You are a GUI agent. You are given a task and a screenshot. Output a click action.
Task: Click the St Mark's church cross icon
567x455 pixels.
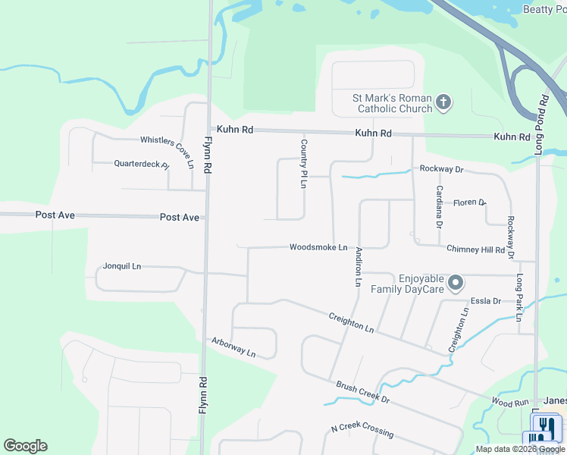coord(444,102)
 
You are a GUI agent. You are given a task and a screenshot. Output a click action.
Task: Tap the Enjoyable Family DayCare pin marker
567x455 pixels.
coord(456,283)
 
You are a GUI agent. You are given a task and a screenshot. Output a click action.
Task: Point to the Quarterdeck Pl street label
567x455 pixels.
coord(141,164)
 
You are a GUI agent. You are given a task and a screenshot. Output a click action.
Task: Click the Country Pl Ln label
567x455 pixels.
coord(303,163)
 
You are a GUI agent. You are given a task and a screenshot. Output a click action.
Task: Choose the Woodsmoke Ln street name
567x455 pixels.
coord(318,247)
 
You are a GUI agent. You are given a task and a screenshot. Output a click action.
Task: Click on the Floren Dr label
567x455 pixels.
coord(469,202)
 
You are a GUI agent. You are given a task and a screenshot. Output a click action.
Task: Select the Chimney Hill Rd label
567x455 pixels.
coord(475,249)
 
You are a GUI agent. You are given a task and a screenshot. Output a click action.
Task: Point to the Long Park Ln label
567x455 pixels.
coord(519,297)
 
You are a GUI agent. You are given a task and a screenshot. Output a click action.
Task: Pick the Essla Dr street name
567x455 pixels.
coord(486,301)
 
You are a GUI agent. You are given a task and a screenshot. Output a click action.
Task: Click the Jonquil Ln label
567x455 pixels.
coord(122,266)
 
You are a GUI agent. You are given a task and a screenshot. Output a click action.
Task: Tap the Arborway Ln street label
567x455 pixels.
coord(233,347)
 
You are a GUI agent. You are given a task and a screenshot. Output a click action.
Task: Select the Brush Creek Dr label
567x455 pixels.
coord(362,391)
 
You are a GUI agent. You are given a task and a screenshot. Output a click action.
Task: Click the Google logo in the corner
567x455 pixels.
coord(25,446)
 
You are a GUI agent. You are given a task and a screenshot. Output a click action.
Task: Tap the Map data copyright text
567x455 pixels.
coord(521,449)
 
